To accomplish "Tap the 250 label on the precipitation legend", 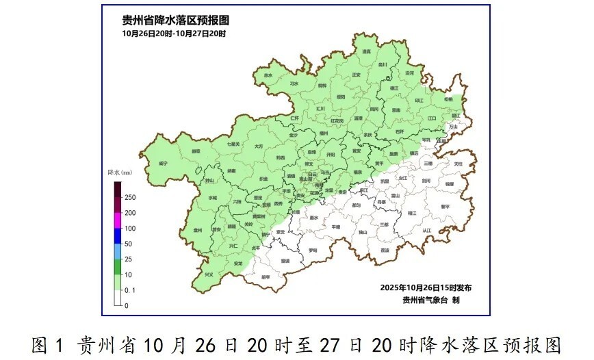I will [x=129, y=198].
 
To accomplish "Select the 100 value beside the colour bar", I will [x=129, y=229].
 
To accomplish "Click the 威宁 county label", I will [x=163, y=164].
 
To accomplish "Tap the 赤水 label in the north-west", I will [x=268, y=75].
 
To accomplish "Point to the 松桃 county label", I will [x=448, y=99].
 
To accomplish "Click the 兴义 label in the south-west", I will [x=209, y=274].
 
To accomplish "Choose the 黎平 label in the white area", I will [x=445, y=206].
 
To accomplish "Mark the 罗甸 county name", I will [x=313, y=250].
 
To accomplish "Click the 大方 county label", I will [x=258, y=146].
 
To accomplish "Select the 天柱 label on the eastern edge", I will [x=458, y=164].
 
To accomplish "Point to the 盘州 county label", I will [x=198, y=231].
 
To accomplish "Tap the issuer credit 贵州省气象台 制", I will [x=431, y=300].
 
